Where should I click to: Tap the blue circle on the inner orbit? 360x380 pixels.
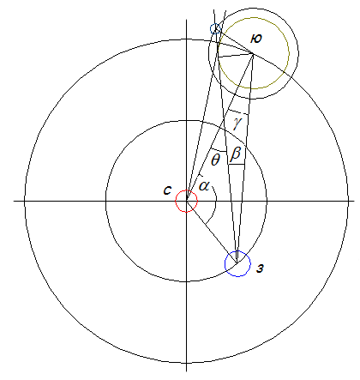coord(225,263)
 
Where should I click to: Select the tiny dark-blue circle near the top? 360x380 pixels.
coord(211,28)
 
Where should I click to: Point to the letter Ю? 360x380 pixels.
coord(256,39)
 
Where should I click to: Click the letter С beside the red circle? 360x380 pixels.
coord(167,190)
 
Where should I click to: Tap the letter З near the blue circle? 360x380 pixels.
coord(260,268)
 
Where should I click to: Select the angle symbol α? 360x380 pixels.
coord(204,185)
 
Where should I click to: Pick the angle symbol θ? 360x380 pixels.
coord(215,160)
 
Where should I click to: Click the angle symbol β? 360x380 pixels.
coord(236,154)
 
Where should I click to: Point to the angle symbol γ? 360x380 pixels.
coord(237,124)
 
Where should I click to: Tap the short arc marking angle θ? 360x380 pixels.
coord(219,150)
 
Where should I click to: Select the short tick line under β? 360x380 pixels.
coord(237,164)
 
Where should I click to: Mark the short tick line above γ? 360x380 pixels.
coord(238,112)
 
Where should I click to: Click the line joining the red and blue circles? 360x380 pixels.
coord(212,232)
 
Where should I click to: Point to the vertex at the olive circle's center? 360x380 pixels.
coord(253,53)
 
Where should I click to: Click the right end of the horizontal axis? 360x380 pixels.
coord(354,201)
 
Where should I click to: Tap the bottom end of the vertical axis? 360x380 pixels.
coord(186,371)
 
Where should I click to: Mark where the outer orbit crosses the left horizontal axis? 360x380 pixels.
coord(25,201)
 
